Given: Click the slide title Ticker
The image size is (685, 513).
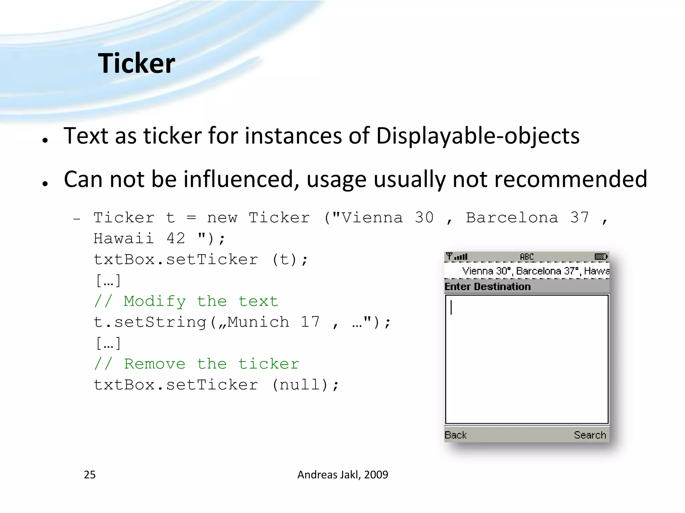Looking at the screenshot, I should click(x=136, y=63).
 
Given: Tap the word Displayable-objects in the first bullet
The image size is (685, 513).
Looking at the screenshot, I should click(x=478, y=136).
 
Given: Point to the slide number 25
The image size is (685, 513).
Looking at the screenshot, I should click(x=90, y=475).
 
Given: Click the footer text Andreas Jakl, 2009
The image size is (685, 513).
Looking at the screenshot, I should click(x=342, y=475).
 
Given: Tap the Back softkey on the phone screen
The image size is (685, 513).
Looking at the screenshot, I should click(x=455, y=435).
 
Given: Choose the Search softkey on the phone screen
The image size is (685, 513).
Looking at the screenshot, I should click(x=590, y=435).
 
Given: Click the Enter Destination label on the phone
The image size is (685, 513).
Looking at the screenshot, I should click(x=487, y=287).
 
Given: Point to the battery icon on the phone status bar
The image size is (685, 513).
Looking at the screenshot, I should click(x=601, y=257).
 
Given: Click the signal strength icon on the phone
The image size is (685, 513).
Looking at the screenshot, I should click(x=457, y=257).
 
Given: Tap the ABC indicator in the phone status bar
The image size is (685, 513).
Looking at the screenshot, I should click(x=527, y=257).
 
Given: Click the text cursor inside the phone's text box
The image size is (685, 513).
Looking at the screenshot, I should click(x=451, y=307).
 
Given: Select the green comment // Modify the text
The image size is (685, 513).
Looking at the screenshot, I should click(x=186, y=302).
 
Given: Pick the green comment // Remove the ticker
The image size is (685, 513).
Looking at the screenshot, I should click(x=196, y=364).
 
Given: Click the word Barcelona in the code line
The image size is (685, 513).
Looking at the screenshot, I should click(x=512, y=218).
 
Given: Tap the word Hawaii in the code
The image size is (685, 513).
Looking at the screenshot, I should click(x=123, y=239).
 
